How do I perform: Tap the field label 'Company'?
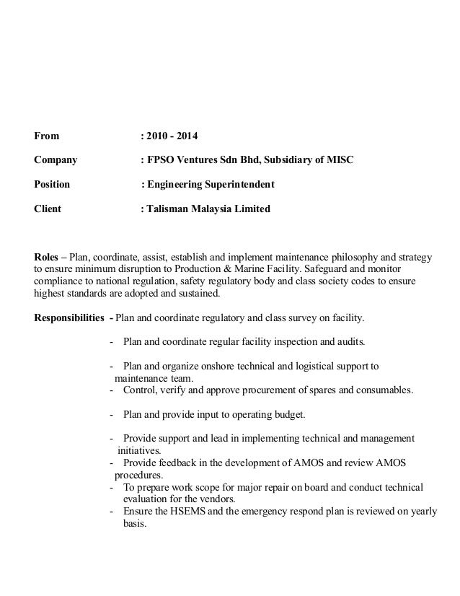tap(56, 159)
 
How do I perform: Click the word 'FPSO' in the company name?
tap(161, 159)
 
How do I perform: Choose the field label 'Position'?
tap(53, 184)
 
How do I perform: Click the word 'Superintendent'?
tap(239, 184)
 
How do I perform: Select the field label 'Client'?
tap(48, 209)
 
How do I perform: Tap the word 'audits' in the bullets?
tap(349, 341)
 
